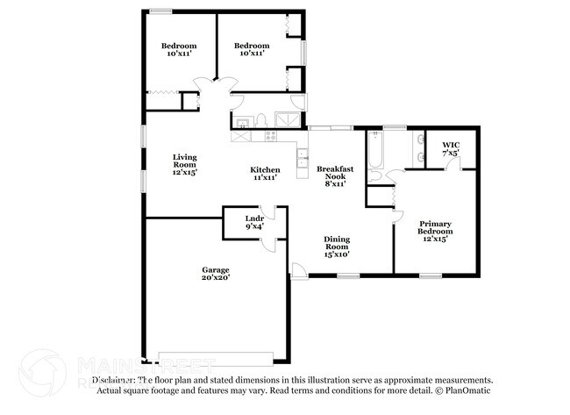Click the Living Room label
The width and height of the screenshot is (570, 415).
[184, 164]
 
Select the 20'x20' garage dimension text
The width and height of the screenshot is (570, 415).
[215, 279]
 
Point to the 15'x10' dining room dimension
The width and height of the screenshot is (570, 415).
[338, 254]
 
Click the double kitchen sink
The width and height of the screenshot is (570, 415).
[302, 160]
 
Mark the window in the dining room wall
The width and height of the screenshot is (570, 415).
[348, 276]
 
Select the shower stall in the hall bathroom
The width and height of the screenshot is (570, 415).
[286, 120]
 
